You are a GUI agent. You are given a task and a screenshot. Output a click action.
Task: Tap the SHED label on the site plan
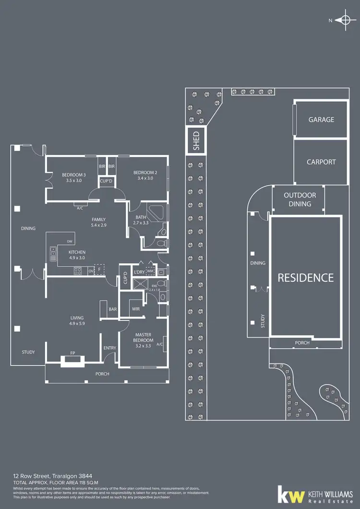(196, 141)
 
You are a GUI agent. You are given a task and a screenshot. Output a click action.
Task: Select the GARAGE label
(321, 120)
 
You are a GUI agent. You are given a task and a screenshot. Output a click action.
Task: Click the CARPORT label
(321, 162)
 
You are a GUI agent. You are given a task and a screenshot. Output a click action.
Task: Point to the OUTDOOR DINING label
(300, 199)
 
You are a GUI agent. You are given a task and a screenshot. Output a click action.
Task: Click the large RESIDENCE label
(305, 278)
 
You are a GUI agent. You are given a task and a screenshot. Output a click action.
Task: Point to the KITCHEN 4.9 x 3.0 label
(77, 255)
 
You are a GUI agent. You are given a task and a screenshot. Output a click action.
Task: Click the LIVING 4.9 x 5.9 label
(77, 321)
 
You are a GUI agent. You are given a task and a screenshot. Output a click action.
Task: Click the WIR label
(136, 309)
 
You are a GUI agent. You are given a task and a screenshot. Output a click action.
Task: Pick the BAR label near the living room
(113, 309)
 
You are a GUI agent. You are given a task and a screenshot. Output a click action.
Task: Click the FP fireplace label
(72, 353)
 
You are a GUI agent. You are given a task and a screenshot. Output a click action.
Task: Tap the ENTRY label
(109, 349)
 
